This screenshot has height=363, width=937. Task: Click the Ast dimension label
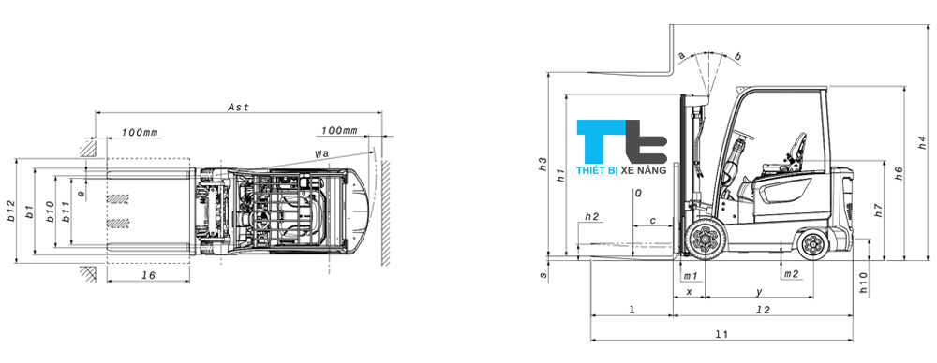point(238,108)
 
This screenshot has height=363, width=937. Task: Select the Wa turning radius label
point(322,152)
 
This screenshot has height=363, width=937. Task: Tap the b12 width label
point(12,211)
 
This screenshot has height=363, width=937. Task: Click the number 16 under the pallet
point(148,277)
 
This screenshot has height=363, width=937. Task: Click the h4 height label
point(921,144)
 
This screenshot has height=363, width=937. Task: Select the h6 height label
point(898,172)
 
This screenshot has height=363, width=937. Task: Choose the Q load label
point(637,193)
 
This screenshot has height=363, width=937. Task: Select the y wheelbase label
point(759,292)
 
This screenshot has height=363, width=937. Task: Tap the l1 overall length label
point(721,335)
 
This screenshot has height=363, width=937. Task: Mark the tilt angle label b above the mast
point(738,58)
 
